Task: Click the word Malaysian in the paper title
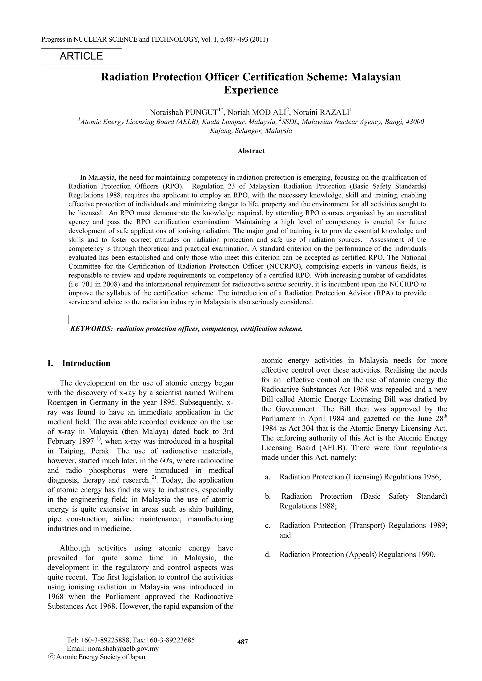tap(375, 77)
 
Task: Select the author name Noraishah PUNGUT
tap(184, 112)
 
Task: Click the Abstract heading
tap(251, 151)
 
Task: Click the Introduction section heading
tap(86, 363)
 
